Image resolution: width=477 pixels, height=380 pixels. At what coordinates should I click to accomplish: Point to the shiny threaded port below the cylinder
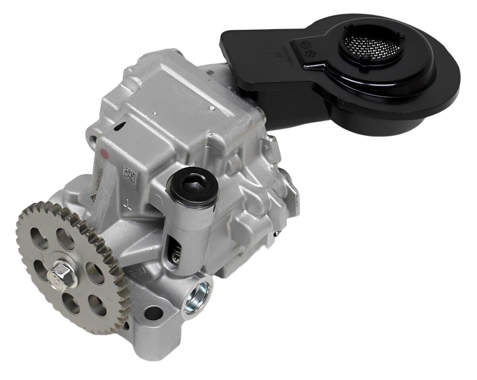pyautogui.click(x=198, y=295)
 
